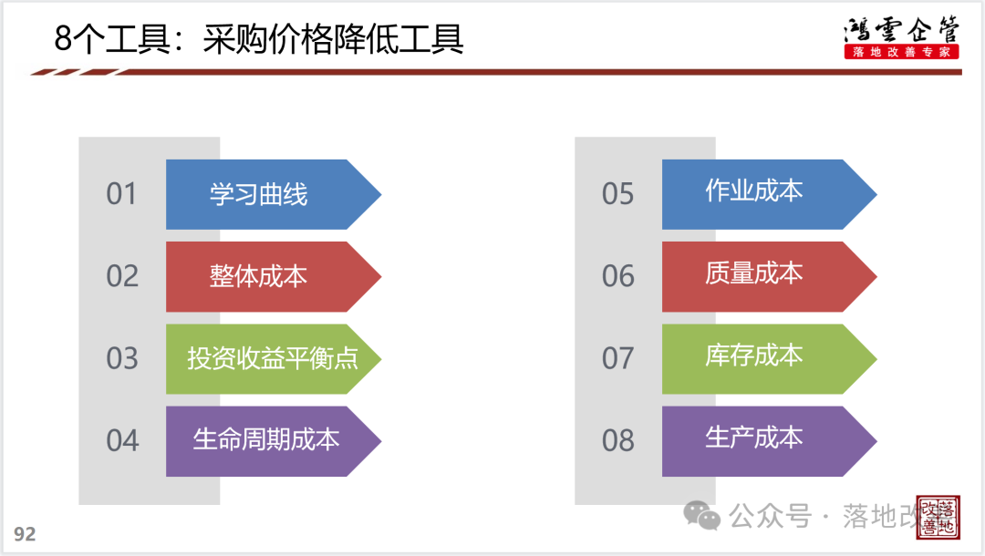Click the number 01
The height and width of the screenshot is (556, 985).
(x=121, y=194)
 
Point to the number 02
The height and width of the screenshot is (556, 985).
(x=122, y=276)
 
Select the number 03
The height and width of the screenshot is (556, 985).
(x=122, y=358)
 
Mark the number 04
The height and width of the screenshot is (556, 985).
(x=122, y=440)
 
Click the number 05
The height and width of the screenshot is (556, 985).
(x=617, y=194)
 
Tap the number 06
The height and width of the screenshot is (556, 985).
(x=617, y=276)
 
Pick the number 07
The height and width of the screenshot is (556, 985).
(x=617, y=358)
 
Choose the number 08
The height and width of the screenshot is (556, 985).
(x=617, y=440)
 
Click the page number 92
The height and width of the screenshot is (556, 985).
(x=25, y=534)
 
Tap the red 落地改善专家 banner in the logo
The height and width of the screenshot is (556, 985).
(x=901, y=52)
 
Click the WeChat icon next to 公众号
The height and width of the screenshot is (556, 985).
(x=701, y=516)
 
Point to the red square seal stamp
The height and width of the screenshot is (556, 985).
(x=938, y=517)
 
